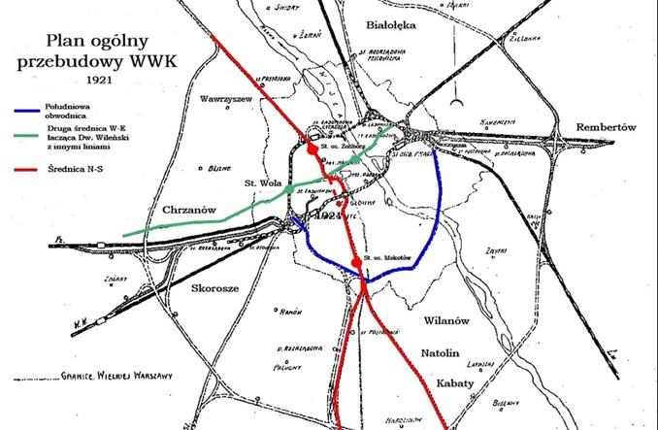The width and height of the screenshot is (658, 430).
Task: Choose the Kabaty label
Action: point(452,383)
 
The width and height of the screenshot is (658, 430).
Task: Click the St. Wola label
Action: point(263,182)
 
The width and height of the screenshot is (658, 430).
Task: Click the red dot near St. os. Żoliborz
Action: point(311,150)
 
